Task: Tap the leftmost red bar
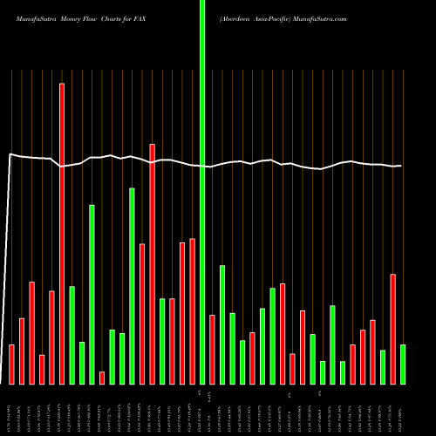11,364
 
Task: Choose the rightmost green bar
403,364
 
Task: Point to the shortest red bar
102,378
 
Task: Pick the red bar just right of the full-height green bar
212,349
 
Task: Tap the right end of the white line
401,166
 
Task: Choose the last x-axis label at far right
403,410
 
